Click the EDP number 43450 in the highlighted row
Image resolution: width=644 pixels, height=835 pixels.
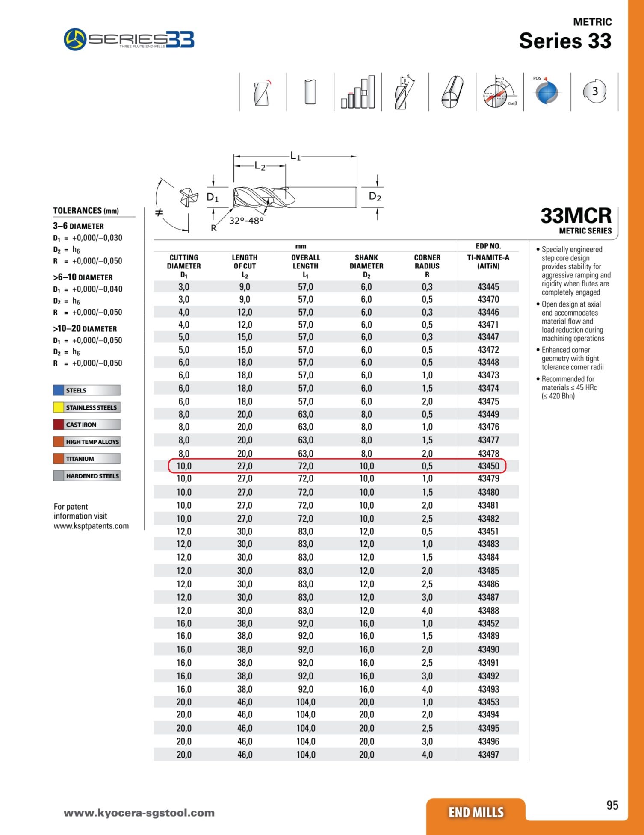point(488,466)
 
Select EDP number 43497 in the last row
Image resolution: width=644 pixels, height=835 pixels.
point(488,755)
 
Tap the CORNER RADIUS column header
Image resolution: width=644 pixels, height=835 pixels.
point(427,266)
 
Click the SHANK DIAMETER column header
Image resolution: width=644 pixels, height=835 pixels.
point(366,266)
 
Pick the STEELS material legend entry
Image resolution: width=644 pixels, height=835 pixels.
point(86,390)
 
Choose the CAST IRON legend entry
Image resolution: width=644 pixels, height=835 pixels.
point(86,425)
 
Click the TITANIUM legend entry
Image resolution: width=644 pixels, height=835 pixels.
point(86,459)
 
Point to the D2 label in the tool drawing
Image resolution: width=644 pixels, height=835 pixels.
point(375,197)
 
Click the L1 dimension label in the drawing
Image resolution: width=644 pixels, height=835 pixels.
point(295,156)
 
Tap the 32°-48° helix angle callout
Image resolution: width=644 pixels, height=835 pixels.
point(246,221)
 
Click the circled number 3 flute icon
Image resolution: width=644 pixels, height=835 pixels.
point(594,91)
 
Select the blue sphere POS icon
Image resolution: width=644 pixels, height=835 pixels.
point(547,92)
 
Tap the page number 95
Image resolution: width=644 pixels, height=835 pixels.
point(612,805)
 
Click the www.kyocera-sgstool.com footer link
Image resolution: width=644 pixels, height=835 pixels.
point(139,813)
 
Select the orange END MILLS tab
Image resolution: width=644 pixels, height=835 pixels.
point(476,812)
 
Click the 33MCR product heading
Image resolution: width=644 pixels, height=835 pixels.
point(576,216)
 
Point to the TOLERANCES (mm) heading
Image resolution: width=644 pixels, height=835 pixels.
point(86,211)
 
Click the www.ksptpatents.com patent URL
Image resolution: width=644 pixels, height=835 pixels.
point(91,526)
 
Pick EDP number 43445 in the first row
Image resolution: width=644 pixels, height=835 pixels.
point(488,287)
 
